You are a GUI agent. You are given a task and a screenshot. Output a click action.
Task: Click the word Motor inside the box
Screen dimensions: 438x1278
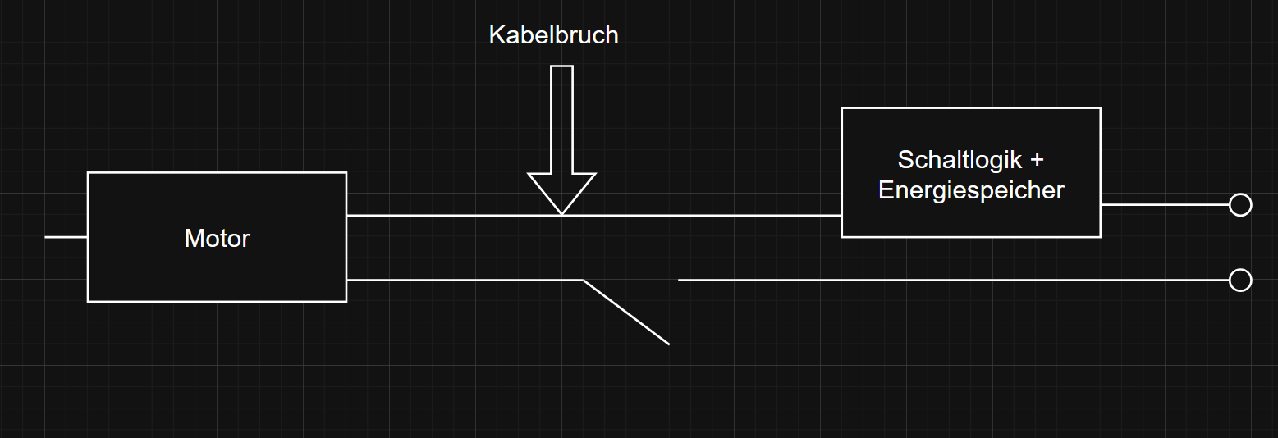click(x=217, y=238)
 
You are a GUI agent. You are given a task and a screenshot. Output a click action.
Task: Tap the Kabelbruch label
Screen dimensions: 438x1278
click(x=553, y=35)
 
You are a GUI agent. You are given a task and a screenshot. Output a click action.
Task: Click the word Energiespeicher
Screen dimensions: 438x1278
click(x=971, y=190)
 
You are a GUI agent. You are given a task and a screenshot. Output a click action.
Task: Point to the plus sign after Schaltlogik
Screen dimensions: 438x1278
click(x=1036, y=159)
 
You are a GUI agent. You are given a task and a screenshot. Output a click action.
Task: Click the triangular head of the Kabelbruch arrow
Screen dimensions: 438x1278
click(x=561, y=191)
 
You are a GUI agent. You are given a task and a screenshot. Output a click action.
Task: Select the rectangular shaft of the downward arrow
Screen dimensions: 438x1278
click(x=561, y=119)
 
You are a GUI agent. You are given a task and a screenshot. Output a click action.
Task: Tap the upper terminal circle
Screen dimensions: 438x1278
click(x=1239, y=204)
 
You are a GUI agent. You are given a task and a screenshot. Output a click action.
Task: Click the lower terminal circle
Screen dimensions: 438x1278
click(x=1239, y=281)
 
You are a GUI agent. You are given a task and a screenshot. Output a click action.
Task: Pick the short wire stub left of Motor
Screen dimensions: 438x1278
click(x=66, y=237)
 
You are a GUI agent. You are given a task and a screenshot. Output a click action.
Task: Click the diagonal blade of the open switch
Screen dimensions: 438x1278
click(x=626, y=313)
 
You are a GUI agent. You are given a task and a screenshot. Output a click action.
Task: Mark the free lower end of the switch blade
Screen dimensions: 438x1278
click(x=668, y=344)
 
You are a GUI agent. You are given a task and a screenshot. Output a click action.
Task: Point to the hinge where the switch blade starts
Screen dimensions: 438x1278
click(x=584, y=281)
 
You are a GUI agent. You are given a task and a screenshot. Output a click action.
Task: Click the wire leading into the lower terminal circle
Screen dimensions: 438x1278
click(x=952, y=281)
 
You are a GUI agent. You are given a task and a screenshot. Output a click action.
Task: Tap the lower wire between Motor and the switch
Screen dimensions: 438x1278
click(x=464, y=281)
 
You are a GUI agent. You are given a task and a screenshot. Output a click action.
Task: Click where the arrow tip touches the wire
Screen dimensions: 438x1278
click(x=561, y=215)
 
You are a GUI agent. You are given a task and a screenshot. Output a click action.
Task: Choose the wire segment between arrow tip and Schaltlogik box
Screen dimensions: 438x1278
click(x=702, y=216)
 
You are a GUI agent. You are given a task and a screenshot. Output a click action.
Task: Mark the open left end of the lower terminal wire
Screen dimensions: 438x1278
click(x=680, y=281)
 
